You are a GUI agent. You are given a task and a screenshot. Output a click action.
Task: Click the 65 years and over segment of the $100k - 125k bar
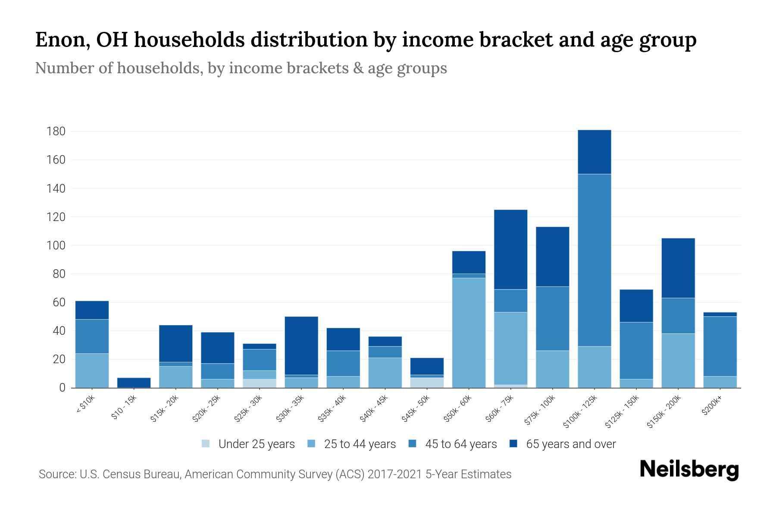click(x=594, y=152)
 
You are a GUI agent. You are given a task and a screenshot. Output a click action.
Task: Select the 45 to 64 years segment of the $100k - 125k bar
click(x=594, y=260)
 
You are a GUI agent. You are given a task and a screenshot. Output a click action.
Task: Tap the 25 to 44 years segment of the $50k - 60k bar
click(x=469, y=333)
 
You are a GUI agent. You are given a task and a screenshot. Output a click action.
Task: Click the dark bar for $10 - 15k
click(x=134, y=383)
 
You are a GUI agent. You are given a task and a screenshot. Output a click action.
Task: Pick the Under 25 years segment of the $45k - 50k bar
click(x=427, y=383)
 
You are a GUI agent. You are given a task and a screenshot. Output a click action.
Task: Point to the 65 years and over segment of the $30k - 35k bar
click(x=301, y=346)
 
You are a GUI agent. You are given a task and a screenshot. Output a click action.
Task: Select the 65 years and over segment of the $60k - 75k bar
click(x=510, y=249)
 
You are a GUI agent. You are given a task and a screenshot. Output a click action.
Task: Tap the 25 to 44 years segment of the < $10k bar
click(x=92, y=371)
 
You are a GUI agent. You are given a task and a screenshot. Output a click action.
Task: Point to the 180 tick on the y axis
click(x=56, y=131)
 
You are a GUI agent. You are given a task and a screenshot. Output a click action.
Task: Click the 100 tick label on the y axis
click(x=56, y=246)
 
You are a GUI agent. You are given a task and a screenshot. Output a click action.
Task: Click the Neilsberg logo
click(x=689, y=470)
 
